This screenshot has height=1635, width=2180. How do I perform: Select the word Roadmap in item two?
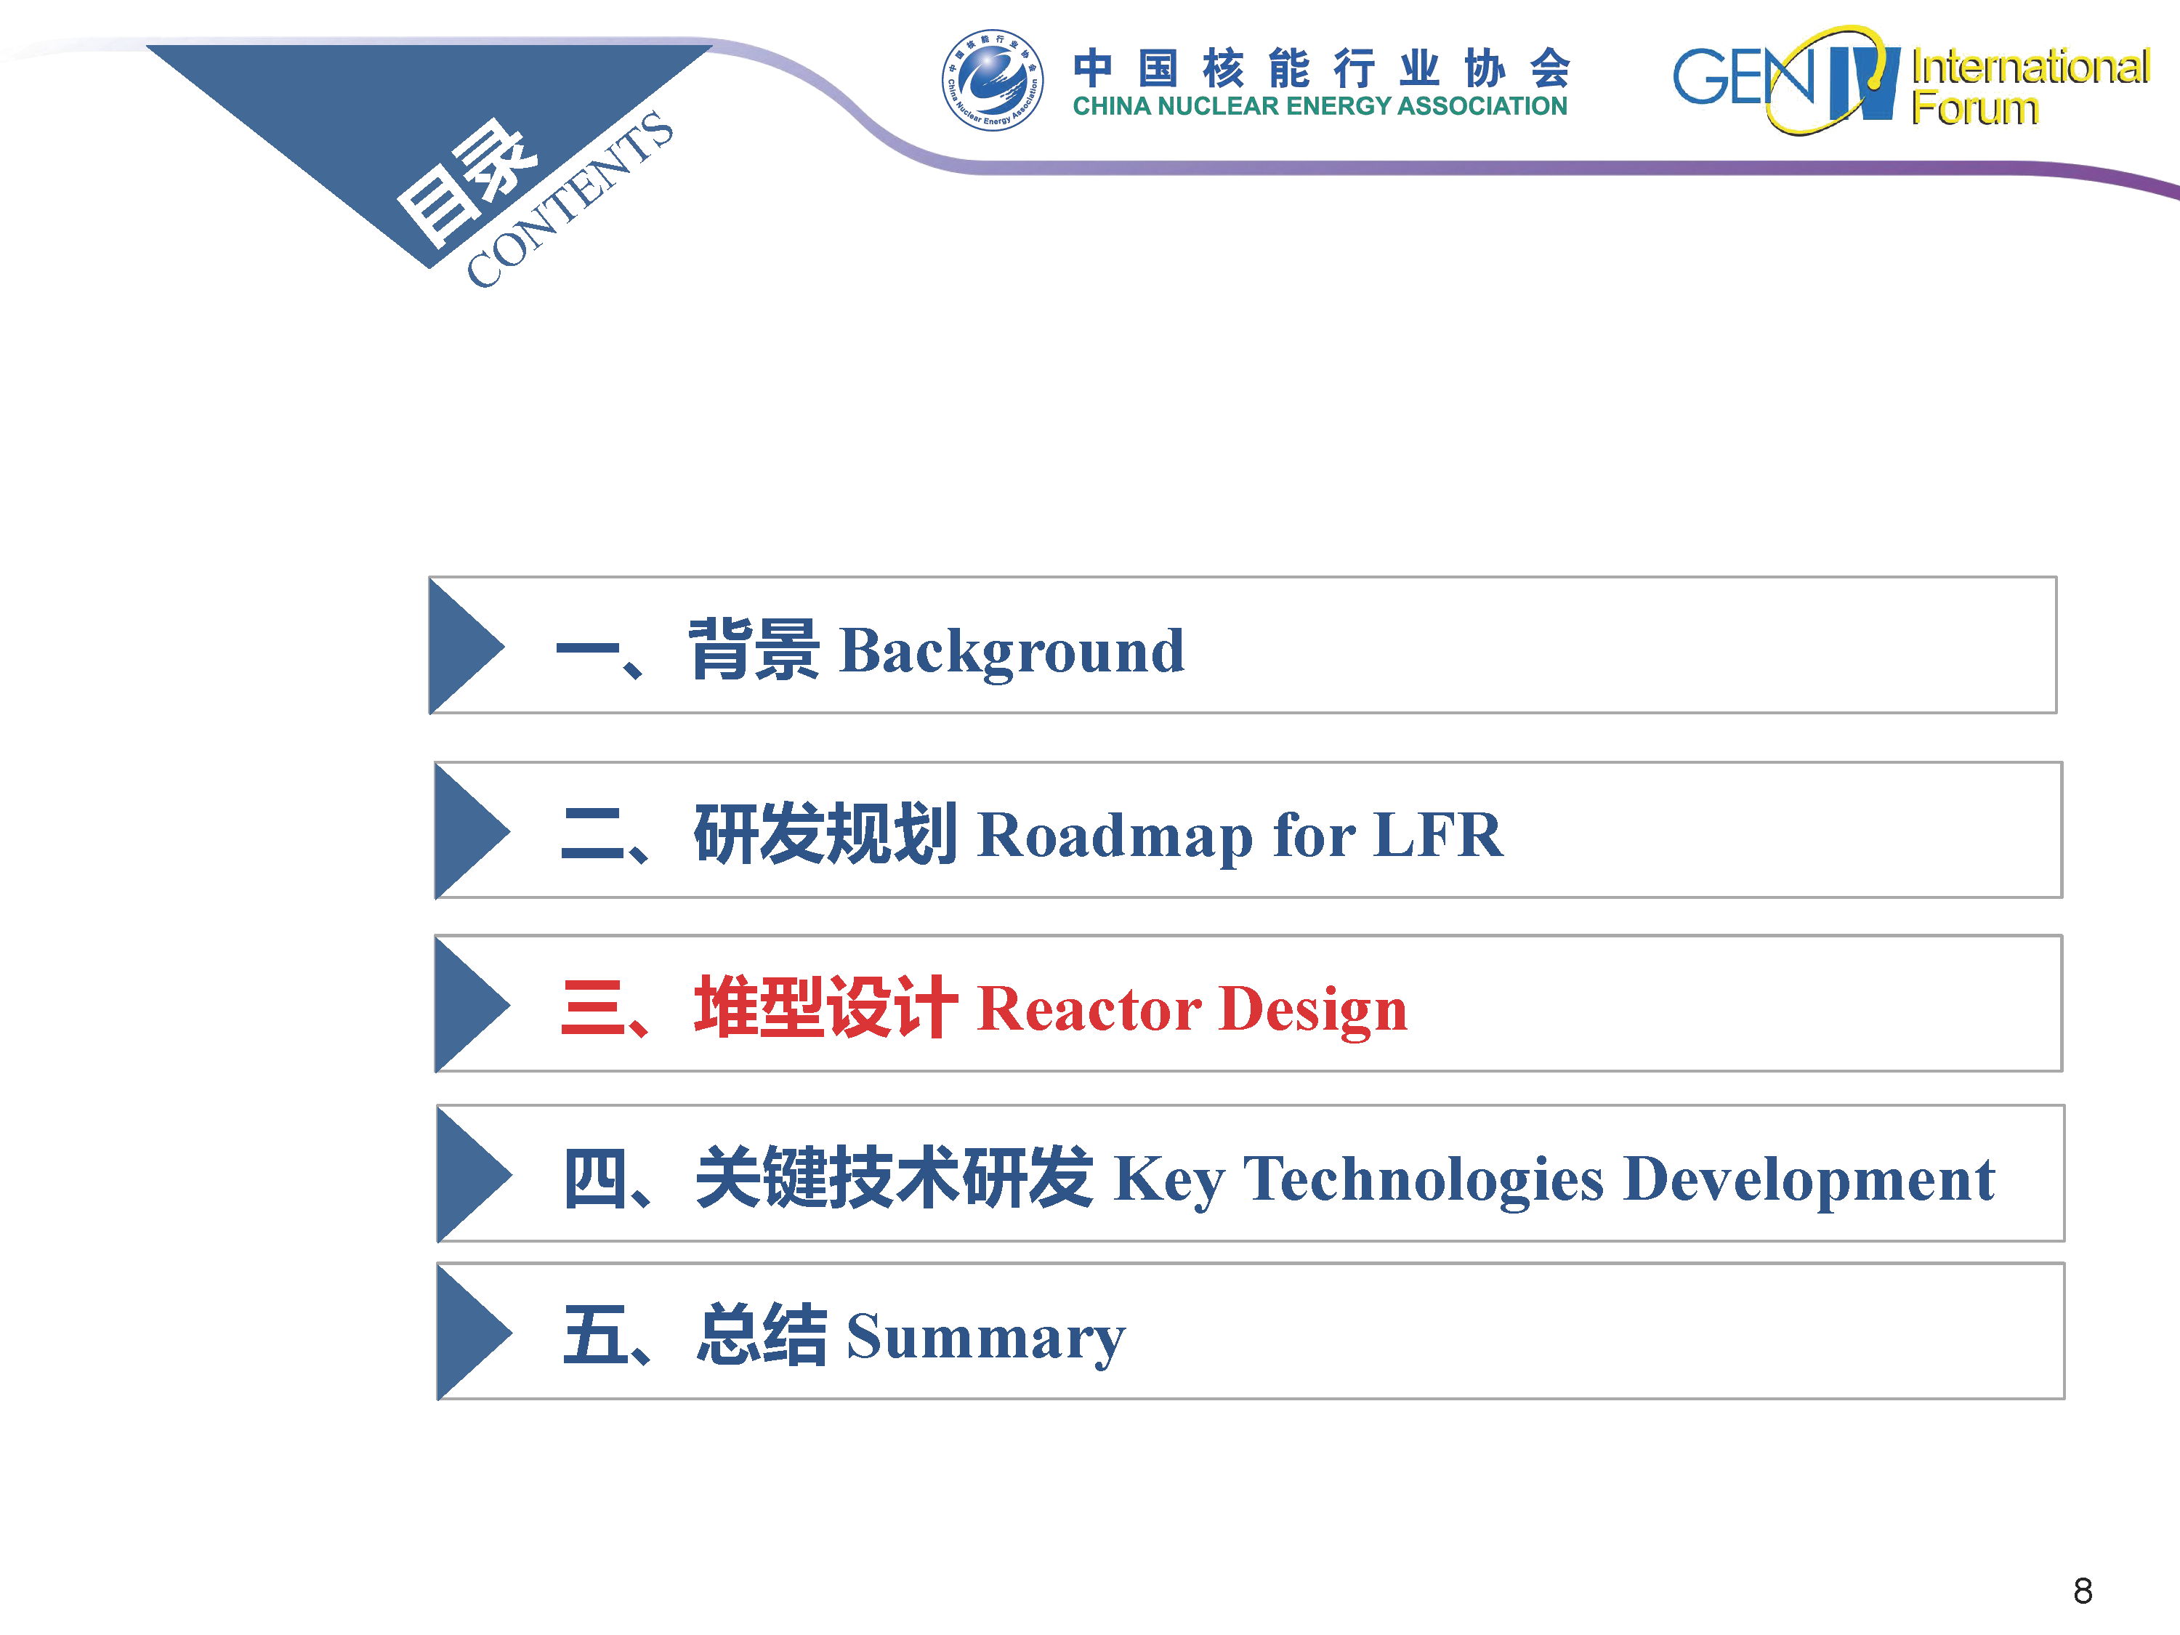(x=1115, y=836)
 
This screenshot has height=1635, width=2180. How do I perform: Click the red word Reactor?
(x=1089, y=1009)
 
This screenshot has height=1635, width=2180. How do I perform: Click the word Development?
(x=1809, y=1179)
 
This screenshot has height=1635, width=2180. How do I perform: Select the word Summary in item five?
(x=985, y=1339)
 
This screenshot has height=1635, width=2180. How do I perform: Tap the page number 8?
(x=2083, y=1591)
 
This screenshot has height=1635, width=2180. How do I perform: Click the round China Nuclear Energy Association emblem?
(x=993, y=81)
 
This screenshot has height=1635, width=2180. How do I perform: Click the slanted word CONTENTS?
(x=570, y=199)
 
